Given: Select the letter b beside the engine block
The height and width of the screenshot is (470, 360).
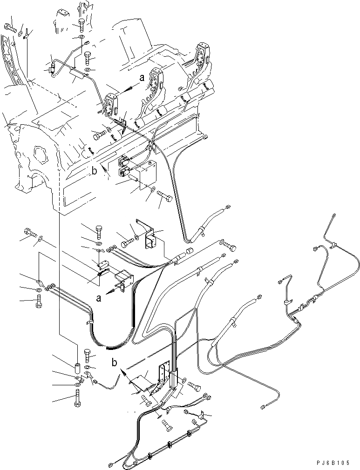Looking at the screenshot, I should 94,171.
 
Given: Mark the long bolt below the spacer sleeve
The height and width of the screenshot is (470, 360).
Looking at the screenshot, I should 77,398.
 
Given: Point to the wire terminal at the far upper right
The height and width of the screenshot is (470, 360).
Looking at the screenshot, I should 334,215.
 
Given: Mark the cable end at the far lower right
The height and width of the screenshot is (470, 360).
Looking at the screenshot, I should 263,408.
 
